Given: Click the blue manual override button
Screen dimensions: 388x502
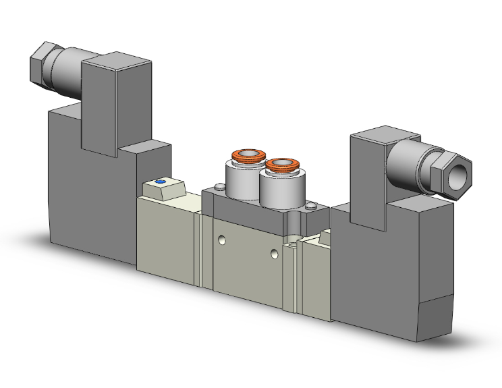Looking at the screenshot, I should pos(160,182).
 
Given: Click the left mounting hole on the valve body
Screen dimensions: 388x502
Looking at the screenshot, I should pos(222,240).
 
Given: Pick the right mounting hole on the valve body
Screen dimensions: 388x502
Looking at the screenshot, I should pos(273,254).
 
